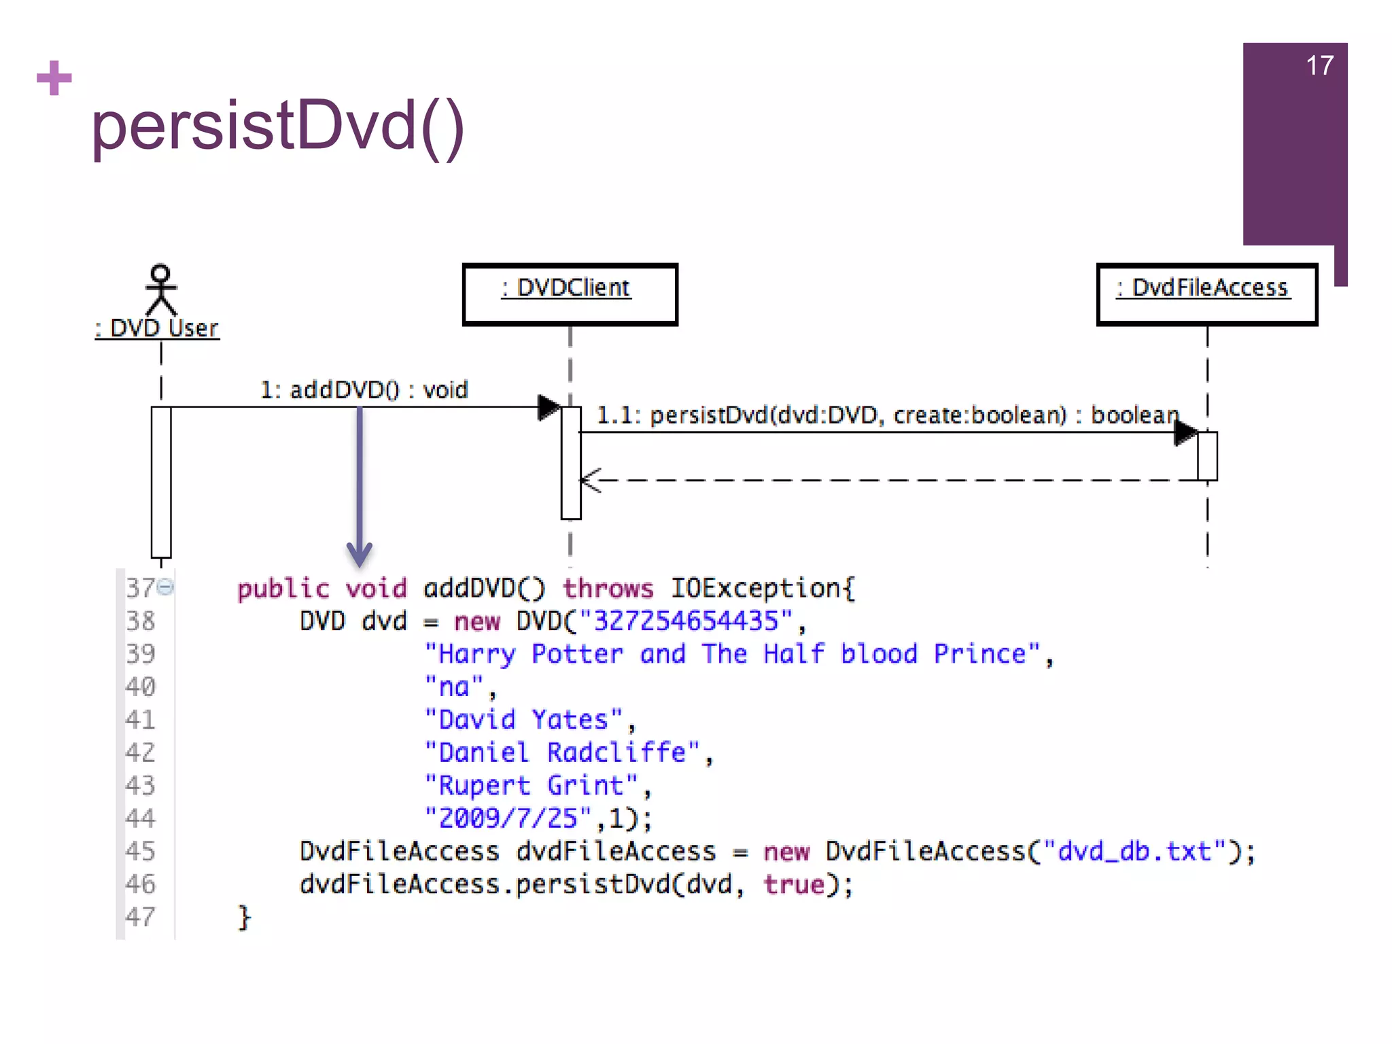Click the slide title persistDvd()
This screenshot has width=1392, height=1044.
pos(277,126)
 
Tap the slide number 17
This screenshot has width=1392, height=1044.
pos(1319,66)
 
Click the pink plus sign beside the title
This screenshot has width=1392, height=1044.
pos(54,78)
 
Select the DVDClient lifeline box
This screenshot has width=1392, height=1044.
pos(570,294)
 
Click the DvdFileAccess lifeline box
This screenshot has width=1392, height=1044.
pos(1206,294)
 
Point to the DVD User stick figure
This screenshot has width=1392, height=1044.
pos(160,290)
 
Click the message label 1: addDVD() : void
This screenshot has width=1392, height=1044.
pos(364,390)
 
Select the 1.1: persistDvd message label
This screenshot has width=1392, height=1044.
pos(887,415)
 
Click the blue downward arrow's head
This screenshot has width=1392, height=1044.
pos(360,553)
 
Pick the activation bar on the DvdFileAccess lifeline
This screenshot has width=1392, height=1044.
pos(1207,455)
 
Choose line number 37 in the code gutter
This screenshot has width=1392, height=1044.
pos(141,588)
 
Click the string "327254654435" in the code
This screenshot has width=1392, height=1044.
pos(686,621)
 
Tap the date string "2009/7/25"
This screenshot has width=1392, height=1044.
pos(508,818)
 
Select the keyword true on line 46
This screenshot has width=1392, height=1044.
pos(793,884)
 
